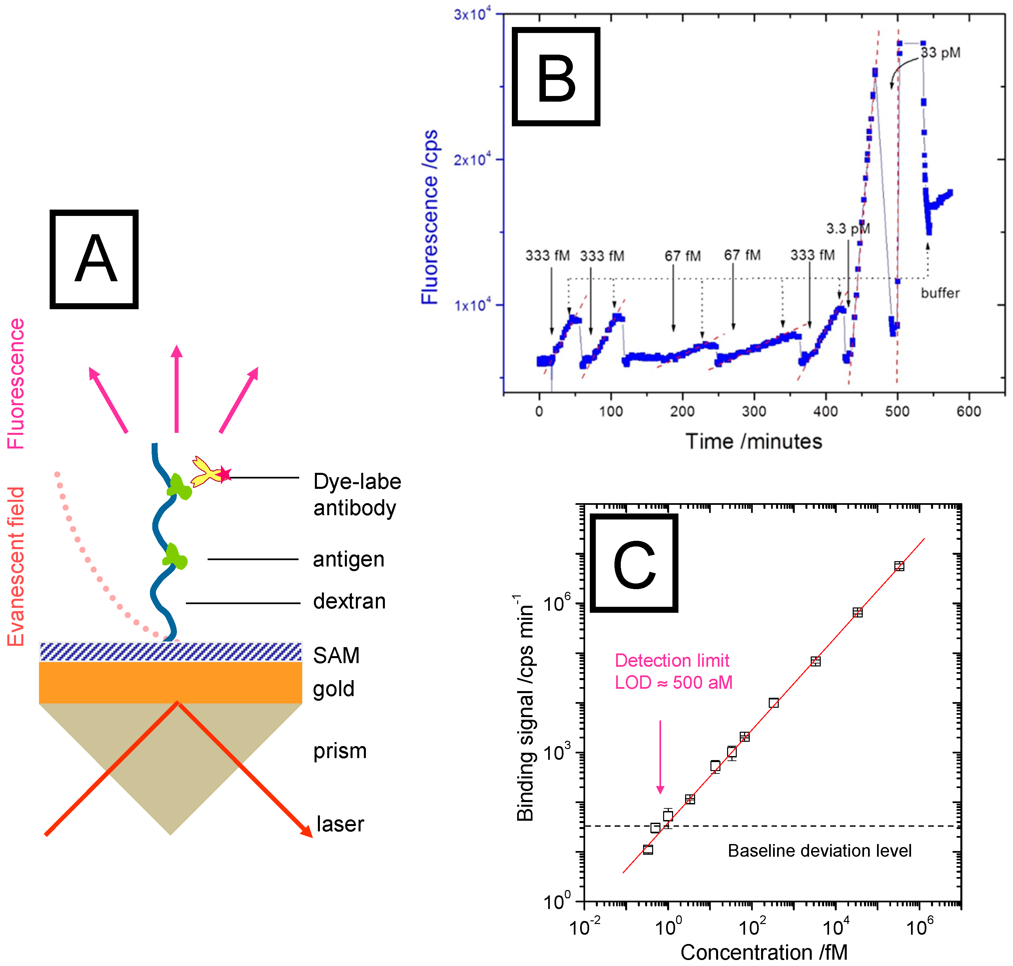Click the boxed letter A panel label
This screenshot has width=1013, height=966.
point(94,259)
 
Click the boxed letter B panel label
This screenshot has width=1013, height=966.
point(556,77)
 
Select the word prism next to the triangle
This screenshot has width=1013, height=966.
point(340,751)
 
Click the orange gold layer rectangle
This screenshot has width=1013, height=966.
point(170,682)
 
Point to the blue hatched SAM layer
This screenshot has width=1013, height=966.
point(170,651)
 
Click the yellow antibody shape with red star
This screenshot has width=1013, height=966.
point(209,472)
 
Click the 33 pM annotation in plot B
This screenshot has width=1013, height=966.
point(940,53)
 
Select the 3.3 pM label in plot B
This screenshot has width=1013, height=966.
point(848,228)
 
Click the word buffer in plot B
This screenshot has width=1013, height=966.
point(940,293)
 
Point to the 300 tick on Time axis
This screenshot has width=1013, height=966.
point(754,411)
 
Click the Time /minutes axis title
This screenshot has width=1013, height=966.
point(753,441)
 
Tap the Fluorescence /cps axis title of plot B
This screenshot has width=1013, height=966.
point(430,217)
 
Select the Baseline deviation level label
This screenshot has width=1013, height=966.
point(819,851)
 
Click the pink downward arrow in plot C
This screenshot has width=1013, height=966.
point(660,757)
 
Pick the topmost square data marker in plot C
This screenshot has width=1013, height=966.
point(899,566)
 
